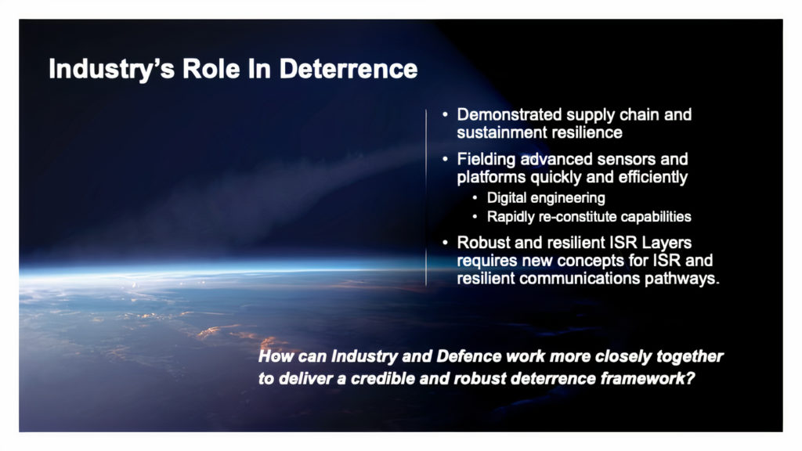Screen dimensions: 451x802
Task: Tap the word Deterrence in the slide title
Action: tap(349, 69)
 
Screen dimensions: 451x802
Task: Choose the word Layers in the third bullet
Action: tap(664, 243)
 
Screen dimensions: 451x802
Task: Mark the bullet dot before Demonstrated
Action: tap(445, 114)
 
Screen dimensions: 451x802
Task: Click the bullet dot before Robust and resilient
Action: tap(445, 243)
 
